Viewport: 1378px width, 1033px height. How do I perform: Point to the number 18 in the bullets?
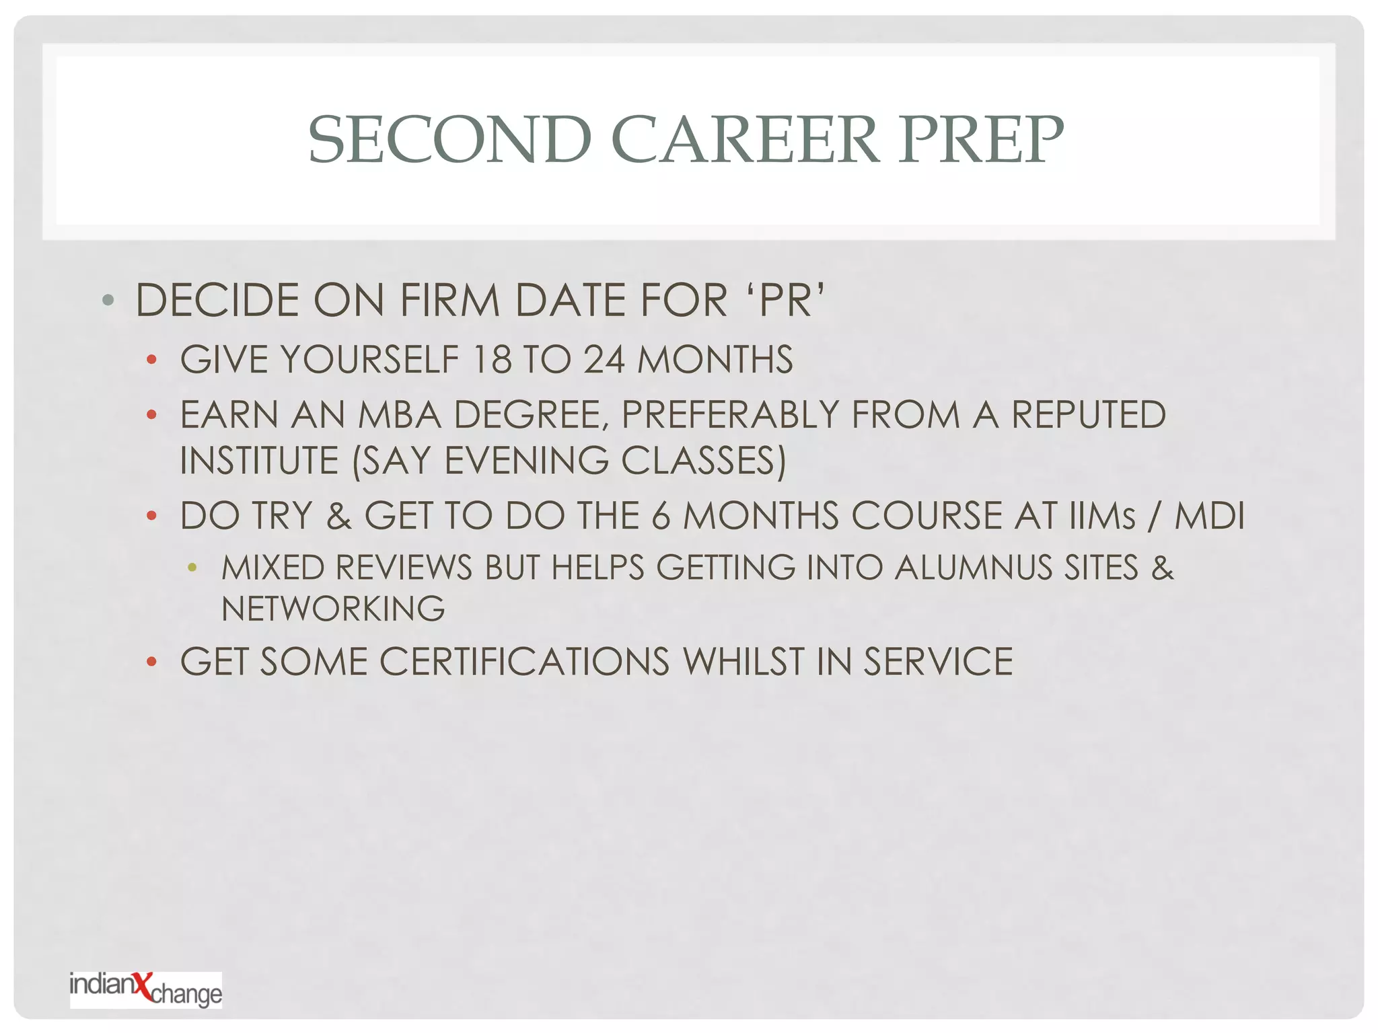[492, 359]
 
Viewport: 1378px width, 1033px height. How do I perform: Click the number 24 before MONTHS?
[604, 359]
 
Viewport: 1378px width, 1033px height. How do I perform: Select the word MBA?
[399, 415]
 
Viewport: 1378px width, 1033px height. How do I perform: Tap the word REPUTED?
[1088, 415]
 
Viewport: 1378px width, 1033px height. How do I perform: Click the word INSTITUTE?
[259, 461]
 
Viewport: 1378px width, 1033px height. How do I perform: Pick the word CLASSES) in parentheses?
[703, 461]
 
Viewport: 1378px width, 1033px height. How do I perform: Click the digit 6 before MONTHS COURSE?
[661, 516]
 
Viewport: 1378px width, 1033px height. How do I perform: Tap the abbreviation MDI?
[1209, 516]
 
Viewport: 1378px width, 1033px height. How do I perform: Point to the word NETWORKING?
[333, 609]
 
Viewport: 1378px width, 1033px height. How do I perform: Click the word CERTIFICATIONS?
[525, 662]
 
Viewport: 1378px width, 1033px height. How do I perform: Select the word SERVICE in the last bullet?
[938, 662]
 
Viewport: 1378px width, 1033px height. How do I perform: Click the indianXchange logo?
[145, 989]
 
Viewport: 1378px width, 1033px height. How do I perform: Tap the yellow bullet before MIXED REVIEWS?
[192, 568]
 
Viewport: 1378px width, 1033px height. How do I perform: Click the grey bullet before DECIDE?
[108, 300]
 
